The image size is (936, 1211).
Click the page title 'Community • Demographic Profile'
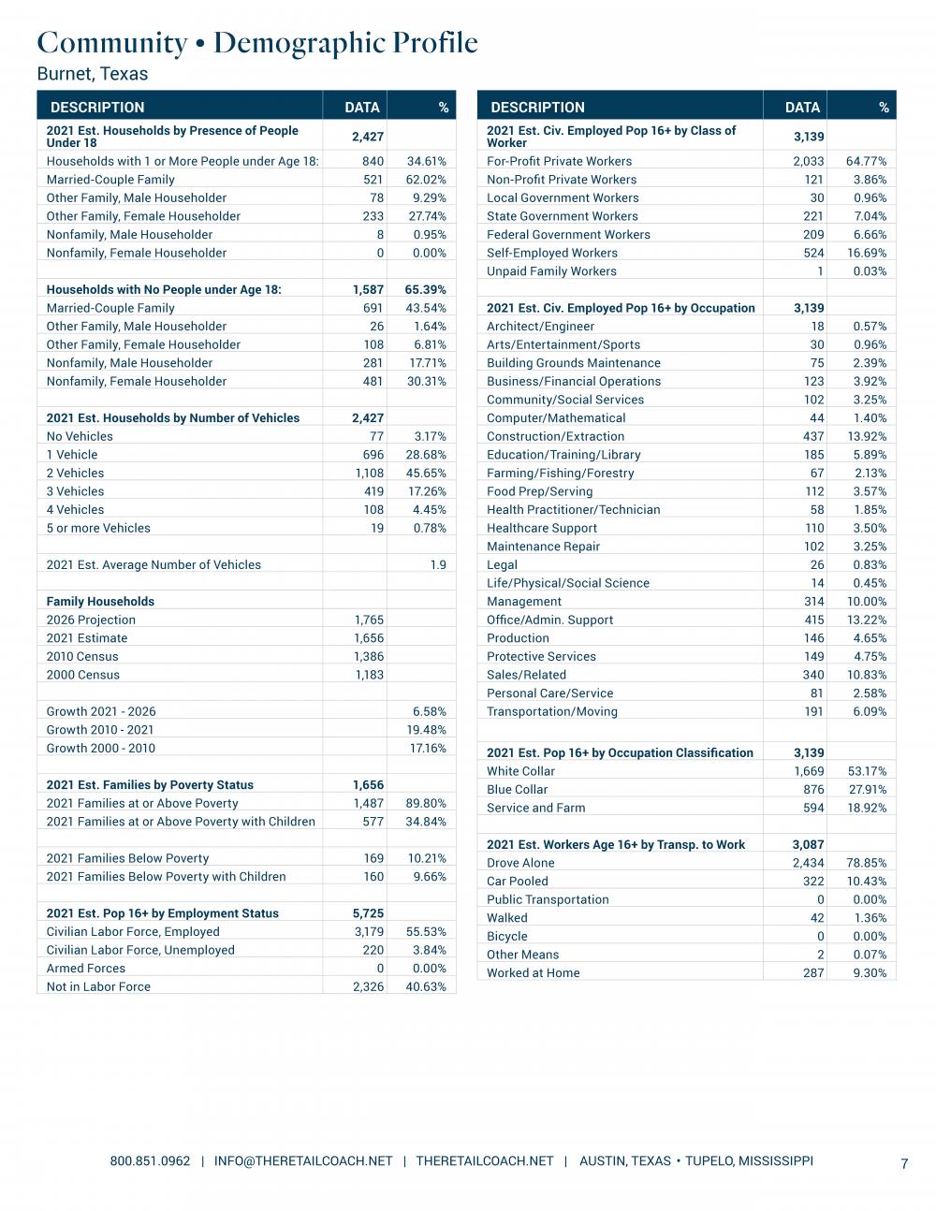[x=257, y=43]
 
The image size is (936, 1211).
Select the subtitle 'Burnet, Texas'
[x=93, y=73]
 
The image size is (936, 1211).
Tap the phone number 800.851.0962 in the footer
[x=150, y=1160]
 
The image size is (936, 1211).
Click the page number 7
[x=904, y=1163]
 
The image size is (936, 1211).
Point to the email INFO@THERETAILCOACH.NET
[x=303, y=1160]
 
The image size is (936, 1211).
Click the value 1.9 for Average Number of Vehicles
[x=437, y=564]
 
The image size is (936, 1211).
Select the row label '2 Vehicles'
[x=76, y=473]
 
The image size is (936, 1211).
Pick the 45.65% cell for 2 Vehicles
[x=426, y=473]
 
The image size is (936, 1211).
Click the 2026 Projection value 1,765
[x=369, y=620]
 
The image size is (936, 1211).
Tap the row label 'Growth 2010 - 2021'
[x=100, y=729]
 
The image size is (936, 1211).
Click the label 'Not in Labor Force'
[x=98, y=986]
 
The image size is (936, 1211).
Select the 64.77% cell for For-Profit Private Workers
[x=866, y=161]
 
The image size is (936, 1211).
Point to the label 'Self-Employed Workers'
[x=552, y=253]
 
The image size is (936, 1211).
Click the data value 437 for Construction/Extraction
[x=813, y=436]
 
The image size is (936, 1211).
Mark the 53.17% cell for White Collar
[x=866, y=771]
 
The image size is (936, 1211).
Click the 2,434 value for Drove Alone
[x=808, y=862]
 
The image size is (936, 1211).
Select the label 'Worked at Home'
[x=533, y=972]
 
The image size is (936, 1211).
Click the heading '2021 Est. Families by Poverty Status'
[x=150, y=784]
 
